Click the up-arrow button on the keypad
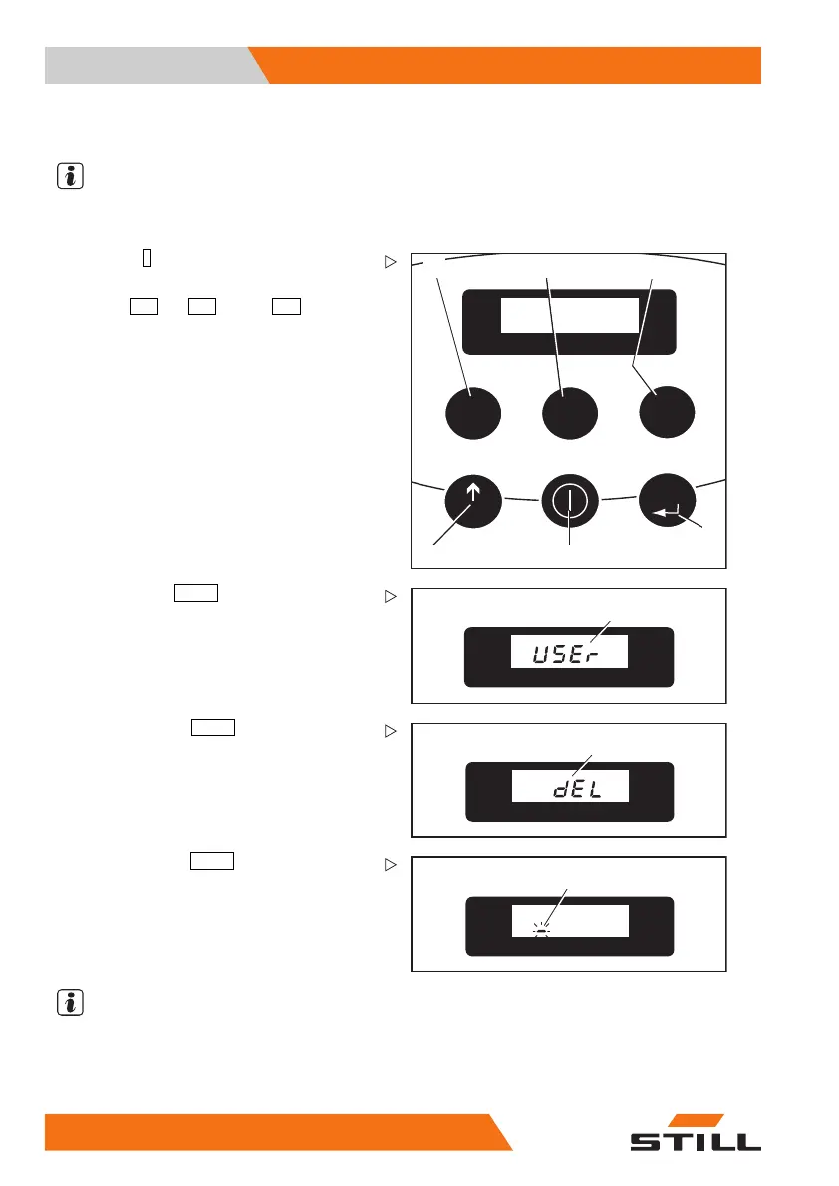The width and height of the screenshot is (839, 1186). point(474,500)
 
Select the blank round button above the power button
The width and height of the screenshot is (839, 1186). point(569,411)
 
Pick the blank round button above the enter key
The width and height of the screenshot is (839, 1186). point(667,411)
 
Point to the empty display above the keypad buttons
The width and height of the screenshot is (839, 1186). point(569,315)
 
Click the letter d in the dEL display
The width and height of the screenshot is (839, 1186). point(562,788)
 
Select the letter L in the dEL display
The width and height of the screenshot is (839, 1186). point(618,788)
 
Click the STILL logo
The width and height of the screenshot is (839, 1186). point(695,1133)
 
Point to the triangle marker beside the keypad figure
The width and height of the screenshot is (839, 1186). point(390,263)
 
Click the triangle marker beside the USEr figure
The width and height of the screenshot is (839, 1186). point(390,597)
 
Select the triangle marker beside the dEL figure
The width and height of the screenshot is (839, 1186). point(390,732)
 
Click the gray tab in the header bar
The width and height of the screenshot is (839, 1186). point(149,65)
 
